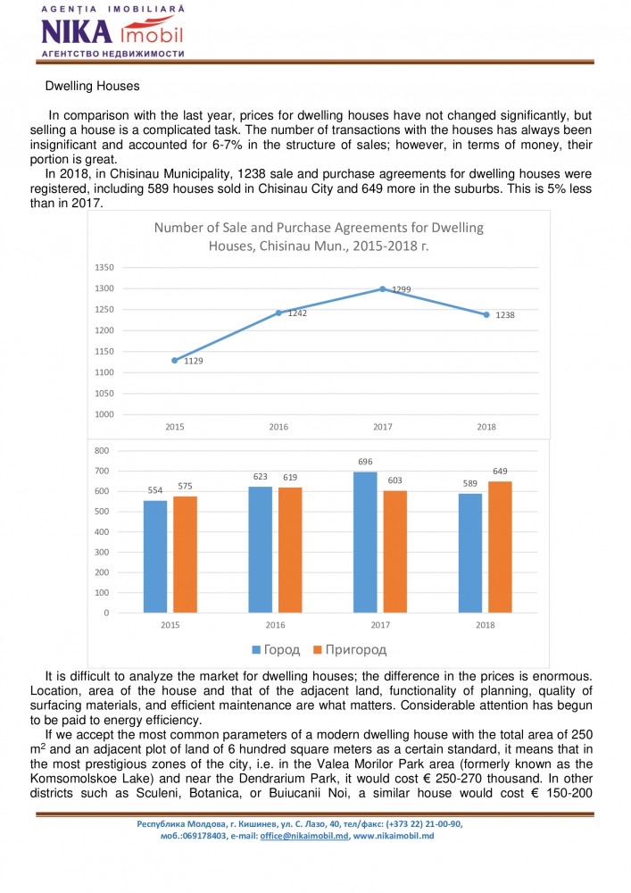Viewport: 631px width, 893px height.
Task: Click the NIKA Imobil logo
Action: click(112, 32)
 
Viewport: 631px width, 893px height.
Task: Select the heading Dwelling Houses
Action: click(92, 87)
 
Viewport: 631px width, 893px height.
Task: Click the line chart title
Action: click(319, 237)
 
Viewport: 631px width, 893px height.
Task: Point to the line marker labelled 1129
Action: click(175, 360)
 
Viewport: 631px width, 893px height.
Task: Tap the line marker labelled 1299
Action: click(382, 288)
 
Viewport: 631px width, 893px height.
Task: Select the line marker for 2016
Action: click(278, 313)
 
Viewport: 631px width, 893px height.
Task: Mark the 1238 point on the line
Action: click(486, 314)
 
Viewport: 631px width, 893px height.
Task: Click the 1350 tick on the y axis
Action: click(104, 267)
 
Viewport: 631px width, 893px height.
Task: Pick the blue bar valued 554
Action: click(155, 556)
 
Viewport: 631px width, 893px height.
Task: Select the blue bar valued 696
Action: click(365, 542)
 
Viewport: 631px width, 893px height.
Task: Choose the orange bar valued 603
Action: click(394, 552)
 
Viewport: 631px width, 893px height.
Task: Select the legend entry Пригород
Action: click(353, 649)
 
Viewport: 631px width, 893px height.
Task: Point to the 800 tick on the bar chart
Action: click(103, 451)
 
